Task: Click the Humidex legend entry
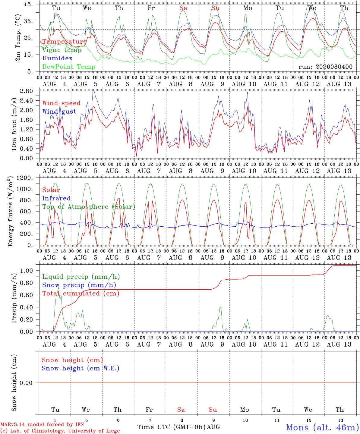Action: coord(57,58)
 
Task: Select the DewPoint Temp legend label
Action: coord(69,67)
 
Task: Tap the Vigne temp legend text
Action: coord(62,50)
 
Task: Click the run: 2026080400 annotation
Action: coord(325,67)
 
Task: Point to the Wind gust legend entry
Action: coord(59,112)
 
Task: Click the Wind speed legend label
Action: coord(61,103)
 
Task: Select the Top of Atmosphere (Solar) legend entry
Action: coord(89,207)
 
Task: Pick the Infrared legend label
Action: coord(56,198)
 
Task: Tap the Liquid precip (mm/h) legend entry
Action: coord(81,277)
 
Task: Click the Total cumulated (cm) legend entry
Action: coord(81,294)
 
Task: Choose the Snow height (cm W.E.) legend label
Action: coord(81,368)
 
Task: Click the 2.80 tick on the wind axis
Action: coord(27,91)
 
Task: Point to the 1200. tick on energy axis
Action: coord(25,178)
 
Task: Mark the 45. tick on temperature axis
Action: coord(28,4)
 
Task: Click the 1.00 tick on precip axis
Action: coord(27,271)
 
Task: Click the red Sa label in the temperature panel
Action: coord(183,8)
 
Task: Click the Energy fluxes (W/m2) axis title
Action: coord(10,211)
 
